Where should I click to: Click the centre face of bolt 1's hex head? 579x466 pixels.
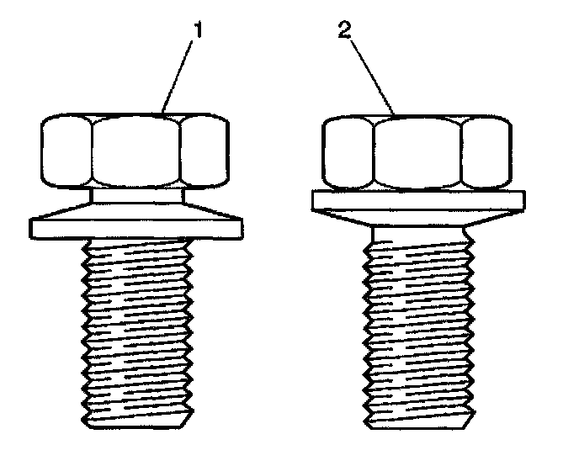click(x=136, y=151)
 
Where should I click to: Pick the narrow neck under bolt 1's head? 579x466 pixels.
click(x=136, y=195)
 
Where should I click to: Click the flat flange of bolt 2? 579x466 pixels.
click(x=418, y=199)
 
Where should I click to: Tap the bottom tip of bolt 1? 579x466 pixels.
click(x=136, y=420)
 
